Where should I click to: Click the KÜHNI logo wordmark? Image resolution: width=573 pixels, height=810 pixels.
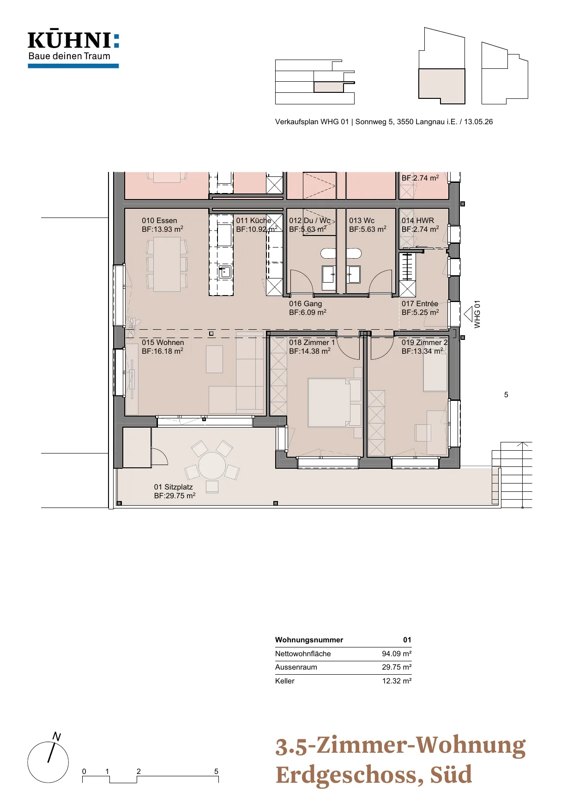coord(73,40)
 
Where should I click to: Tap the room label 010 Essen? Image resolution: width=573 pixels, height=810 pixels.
coord(159,221)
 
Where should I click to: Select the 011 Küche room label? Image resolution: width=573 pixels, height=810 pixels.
coord(253,221)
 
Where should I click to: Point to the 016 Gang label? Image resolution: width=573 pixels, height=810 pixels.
coord(305,304)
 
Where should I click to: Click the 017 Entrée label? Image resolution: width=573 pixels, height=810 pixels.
coord(420,304)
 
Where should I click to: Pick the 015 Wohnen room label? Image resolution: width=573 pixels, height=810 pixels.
coord(163,343)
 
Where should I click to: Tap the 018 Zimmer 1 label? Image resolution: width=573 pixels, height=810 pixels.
coord(312,343)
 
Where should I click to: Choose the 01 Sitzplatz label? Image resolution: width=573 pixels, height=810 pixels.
coord(173,487)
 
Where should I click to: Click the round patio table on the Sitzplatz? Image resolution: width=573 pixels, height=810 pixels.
coord(212,465)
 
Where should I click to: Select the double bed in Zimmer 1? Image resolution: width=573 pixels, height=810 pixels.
coord(335,402)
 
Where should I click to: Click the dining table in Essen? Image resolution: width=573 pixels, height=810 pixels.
coord(167,264)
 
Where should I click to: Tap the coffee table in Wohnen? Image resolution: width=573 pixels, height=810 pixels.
coord(214,359)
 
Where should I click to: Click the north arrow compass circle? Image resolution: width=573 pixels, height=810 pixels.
coord(48,762)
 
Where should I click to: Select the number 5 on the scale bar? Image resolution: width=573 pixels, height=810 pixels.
coord(216,771)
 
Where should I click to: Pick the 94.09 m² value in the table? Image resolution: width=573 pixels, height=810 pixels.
coord(397,654)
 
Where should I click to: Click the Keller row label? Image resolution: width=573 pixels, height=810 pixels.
coord(285,681)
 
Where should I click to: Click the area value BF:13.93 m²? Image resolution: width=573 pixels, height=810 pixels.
coord(163,229)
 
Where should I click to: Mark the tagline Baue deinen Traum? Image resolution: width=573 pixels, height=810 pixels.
coord(69,56)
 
